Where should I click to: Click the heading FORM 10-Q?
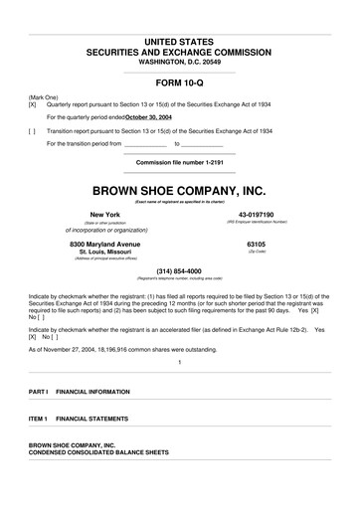[x=179, y=83]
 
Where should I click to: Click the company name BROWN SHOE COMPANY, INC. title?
[x=179, y=189]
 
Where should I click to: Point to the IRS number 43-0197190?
[x=256, y=215]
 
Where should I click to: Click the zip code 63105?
[x=256, y=244]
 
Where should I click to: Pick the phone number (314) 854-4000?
[x=179, y=271]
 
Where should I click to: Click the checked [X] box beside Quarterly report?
[x=33, y=103]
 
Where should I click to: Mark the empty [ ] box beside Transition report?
[x=33, y=129]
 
